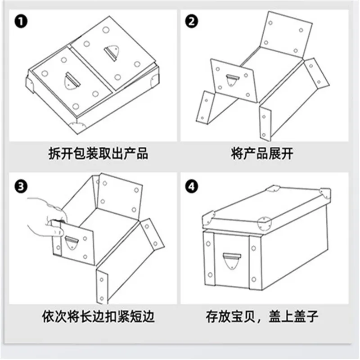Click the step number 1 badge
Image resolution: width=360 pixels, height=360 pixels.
20,21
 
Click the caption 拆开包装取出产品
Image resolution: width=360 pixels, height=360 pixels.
98,154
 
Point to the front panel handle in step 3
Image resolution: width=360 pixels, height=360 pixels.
72,243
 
